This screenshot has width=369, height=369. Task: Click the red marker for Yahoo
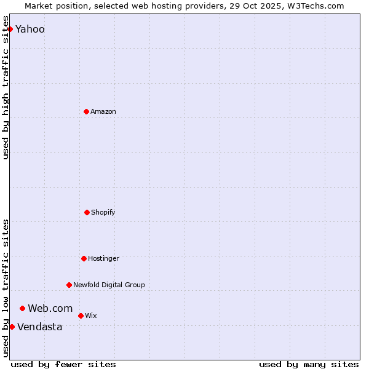[10, 29]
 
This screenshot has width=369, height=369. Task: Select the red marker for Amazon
[86, 111]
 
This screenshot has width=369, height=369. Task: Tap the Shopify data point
[87, 212]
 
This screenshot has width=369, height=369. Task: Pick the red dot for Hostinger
[84, 258]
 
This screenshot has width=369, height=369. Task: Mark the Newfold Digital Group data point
[69, 285]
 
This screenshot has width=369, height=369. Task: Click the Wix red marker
[81, 315]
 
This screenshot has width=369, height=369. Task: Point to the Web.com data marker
[22, 308]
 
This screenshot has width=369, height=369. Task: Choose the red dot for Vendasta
[12, 327]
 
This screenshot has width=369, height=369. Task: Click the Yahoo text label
[30, 29]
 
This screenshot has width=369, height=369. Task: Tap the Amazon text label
[103, 111]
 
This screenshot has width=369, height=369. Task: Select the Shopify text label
[103, 212]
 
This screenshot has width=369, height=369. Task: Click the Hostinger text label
[103, 258]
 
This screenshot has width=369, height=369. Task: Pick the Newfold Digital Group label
[109, 285]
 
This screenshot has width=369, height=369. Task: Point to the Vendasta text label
[40, 327]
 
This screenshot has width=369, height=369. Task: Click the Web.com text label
[50, 308]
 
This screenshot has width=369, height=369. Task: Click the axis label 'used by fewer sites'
[63, 364]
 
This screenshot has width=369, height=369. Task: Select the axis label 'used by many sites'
[309, 364]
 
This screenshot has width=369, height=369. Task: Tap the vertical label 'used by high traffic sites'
[6, 87]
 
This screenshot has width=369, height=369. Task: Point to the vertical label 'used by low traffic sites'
[6, 288]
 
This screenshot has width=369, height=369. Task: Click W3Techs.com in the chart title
[316, 6]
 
